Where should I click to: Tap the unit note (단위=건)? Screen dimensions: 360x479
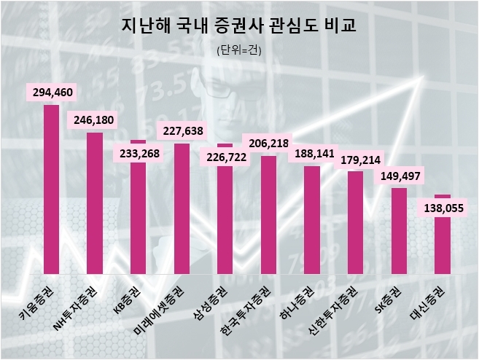239,50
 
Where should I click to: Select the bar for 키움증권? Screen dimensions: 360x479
51,189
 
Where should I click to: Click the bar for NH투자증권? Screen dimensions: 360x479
95,204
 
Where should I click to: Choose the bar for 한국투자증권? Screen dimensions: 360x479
268,216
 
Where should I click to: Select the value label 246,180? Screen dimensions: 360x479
94,120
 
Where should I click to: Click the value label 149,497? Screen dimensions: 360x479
398,176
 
